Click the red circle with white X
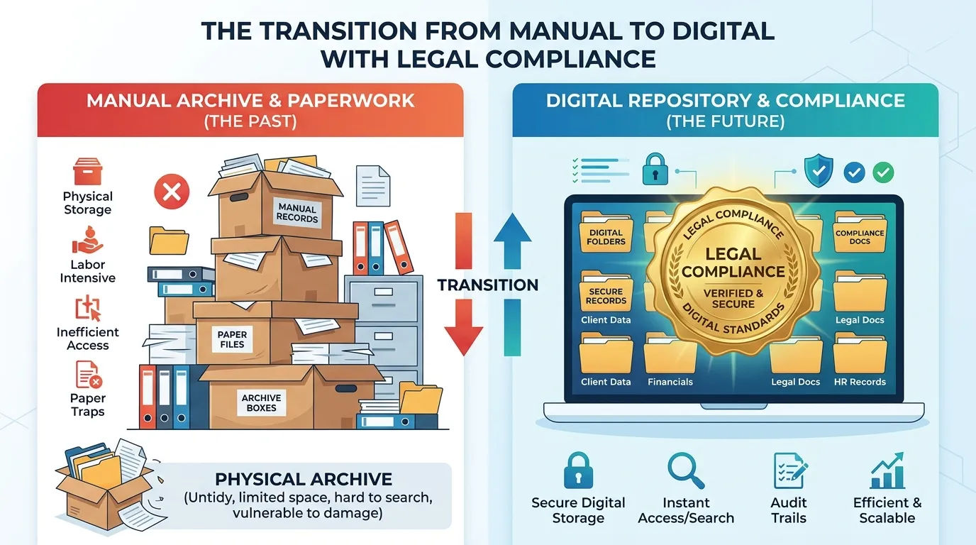point(172,192)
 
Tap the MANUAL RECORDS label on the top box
point(297,213)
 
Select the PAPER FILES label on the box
point(232,339)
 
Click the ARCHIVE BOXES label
point(262,402)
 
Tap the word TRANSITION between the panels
point(488,285)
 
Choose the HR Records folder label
point(860,382)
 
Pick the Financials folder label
point(670,382)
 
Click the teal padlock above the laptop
point(655,169)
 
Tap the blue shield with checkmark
point(819,170)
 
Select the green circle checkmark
point(883,172)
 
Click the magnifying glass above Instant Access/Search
point(686,471)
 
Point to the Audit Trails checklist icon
point(790,471)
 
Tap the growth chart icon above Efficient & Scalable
point(887,471)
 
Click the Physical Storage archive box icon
point(87,171)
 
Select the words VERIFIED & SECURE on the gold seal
point(733,299)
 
